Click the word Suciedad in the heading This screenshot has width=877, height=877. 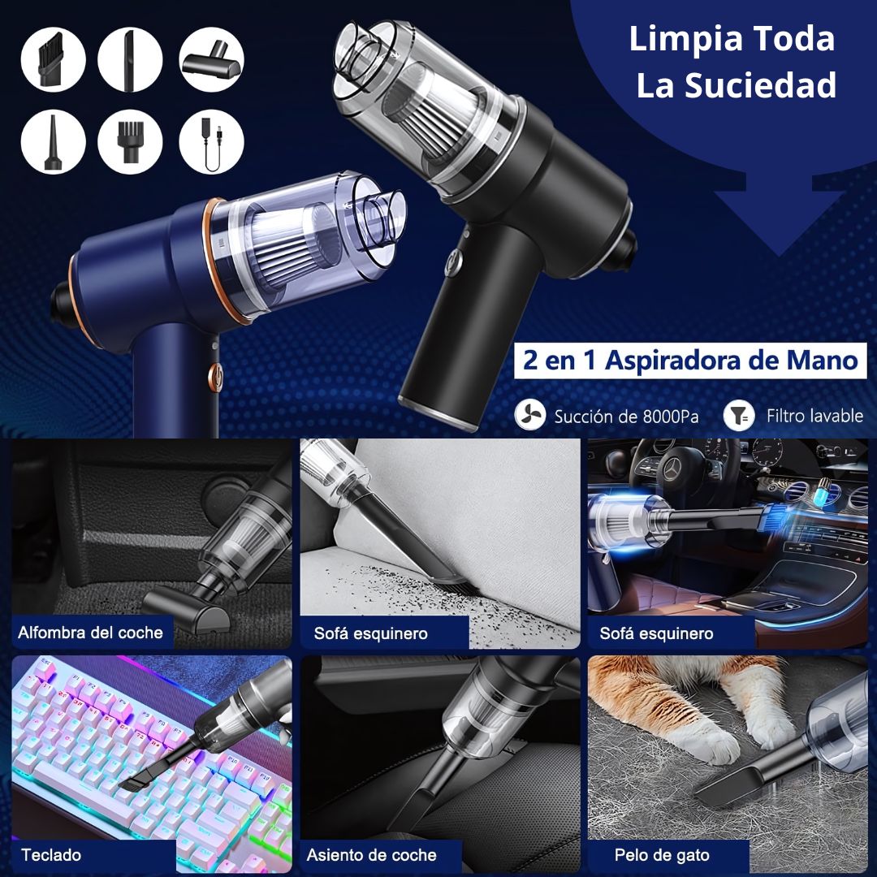pyautogui.click(x=736, y=85)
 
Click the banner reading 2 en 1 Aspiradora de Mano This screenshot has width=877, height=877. pyautogui.click(x=689, y=361)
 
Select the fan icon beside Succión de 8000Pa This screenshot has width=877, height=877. pyautogui.click(x=529, y=416)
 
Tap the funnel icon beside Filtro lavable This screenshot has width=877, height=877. pyautogui.click(x=738, y=416)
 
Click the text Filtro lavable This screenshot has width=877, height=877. pyautogui.click(x=814, y=416)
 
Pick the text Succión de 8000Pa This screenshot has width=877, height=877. pyautogui.click(x=626, y=417)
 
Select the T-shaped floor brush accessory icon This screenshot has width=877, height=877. pyautogui.click(x=211, y=59)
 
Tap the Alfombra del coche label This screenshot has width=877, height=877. pyautogui.click(x=91, y=633)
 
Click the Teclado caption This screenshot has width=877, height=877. pyautogui.click(x=51, y=854)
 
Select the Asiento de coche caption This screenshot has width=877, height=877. pyautogui.click(x=371, y=854)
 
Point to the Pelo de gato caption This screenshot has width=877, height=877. pyautogui.click(x=661, y=855)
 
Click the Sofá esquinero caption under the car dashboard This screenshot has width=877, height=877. pyautogui.click(x=656, y=633)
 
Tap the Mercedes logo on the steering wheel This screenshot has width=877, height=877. pyautogui.click(x=673, y=471)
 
